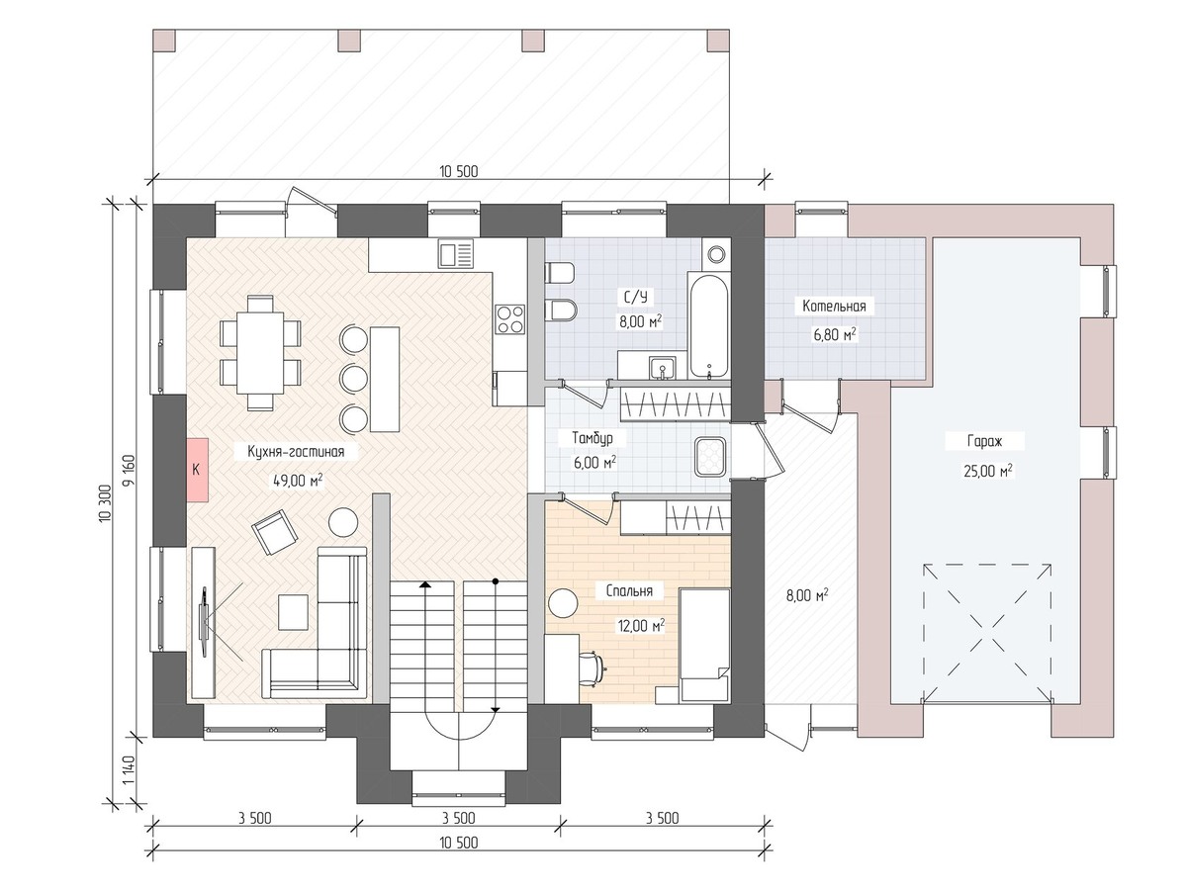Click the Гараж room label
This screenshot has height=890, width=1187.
(x=985, y=441)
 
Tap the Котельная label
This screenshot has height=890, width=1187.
(x=834, y=307)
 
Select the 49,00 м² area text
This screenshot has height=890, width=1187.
(x=298, y=480)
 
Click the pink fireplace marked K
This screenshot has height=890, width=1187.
(x=198, y=469)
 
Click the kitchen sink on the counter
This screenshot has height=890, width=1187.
(x=455, y=254)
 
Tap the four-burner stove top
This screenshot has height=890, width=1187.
(x=510, y=319)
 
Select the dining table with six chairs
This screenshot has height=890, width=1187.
(x=260, y=352)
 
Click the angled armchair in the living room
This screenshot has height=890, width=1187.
(x=275, y=532)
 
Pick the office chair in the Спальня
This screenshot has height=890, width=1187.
(x=593, y=669)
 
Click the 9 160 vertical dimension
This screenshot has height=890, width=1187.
(x=129, y=472)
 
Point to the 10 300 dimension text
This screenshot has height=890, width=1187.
(x=105, y=502)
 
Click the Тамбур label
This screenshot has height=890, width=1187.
(x=593, y=438)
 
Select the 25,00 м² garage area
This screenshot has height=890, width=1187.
(x=988, y=471)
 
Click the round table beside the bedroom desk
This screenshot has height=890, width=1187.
(x=563, y=602)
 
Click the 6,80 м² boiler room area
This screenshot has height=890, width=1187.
(x=835, y=335)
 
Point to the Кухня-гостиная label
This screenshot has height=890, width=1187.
(x=296, y=451)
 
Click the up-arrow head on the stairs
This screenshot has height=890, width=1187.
(x=425, y=584)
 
